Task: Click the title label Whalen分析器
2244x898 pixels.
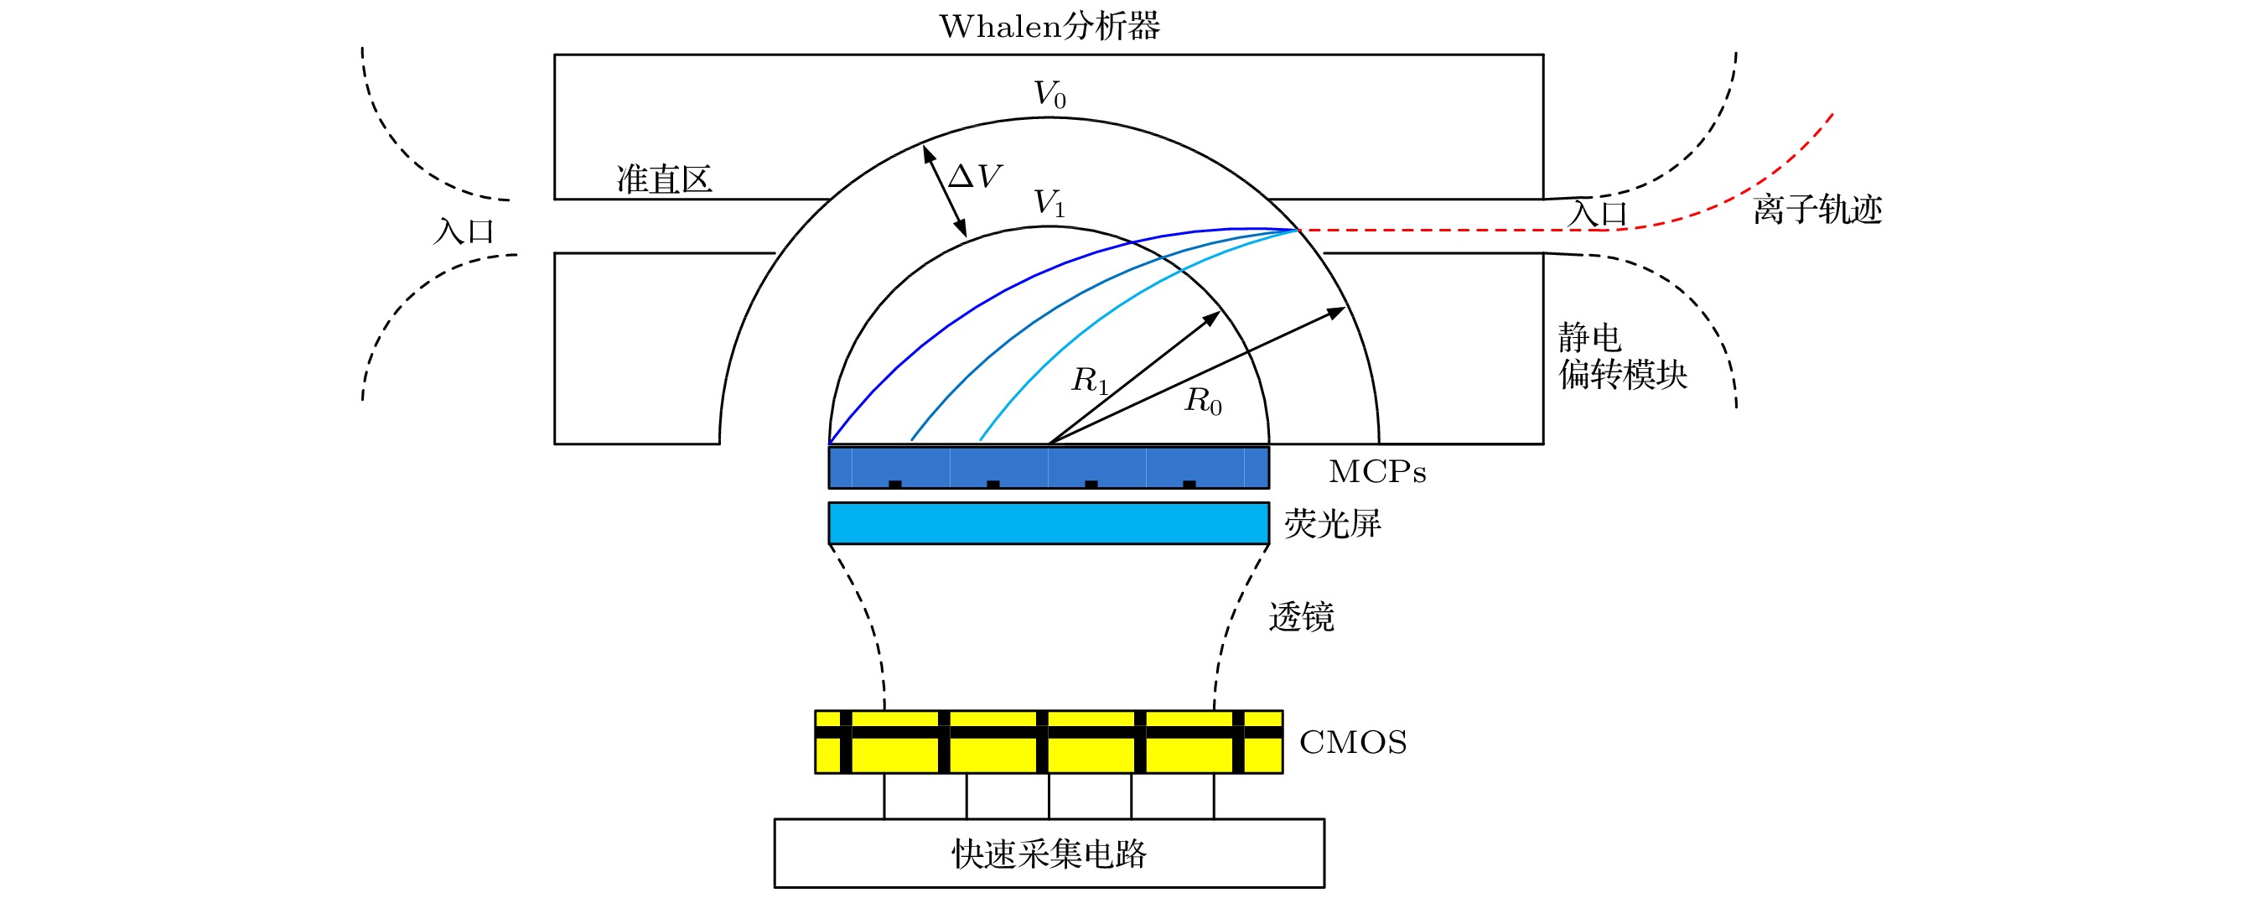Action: coord(1049,27)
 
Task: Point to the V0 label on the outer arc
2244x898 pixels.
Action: coord(1049,94)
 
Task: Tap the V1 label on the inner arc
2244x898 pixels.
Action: coord(1049,204)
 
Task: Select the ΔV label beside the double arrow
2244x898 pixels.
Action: coord(975,177)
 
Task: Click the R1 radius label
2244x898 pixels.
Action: coord(1090,381)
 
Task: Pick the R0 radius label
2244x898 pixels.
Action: coord(1204,402)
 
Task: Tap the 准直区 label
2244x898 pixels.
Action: coord(665,179)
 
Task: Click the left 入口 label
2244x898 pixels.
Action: coord(464,231)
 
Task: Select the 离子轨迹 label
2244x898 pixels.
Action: coord(1817,210)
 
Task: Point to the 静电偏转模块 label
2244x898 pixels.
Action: coord(1622,356)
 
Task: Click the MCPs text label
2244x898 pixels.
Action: coord(1377,472)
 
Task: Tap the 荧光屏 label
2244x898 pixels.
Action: coord(1333,524)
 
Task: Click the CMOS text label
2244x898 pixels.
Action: coord(1353,743)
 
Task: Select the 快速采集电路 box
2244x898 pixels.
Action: coord(1049,854)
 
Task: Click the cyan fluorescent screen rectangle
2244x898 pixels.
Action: coord(1049,523)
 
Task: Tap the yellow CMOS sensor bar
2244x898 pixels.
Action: coord(1049,742)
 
